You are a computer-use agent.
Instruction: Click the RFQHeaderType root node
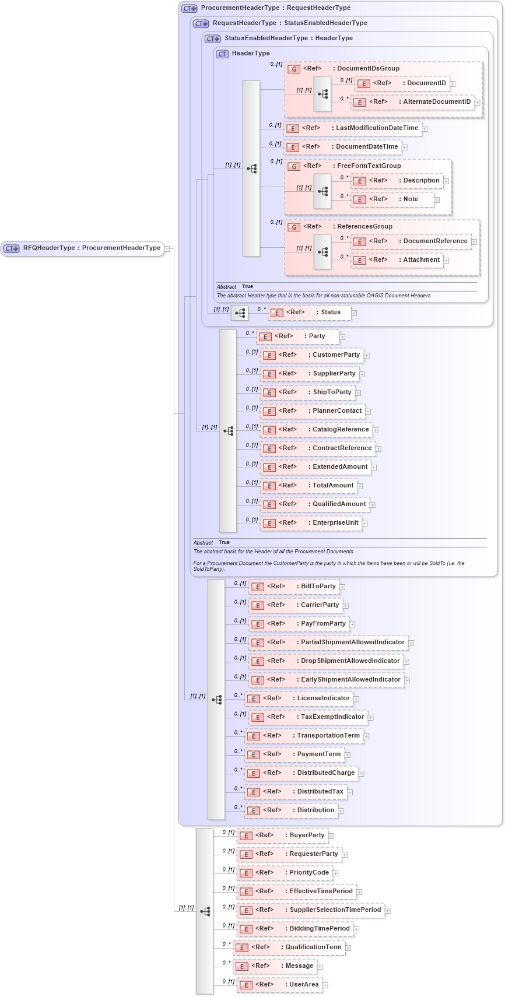coord(82,248)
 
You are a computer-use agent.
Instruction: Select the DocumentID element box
coord(402,83)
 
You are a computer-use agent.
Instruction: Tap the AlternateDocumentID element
coord(413,102)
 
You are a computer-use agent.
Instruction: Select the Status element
coord(309,313)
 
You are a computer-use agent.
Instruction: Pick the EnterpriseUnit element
coord(310,523)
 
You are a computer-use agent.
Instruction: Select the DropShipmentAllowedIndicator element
coord(325,661)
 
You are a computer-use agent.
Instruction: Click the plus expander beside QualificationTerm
coord(349,948)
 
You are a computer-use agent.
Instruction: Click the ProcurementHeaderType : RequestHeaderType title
coord(275,8)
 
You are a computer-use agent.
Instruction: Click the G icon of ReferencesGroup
coord(294,227)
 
